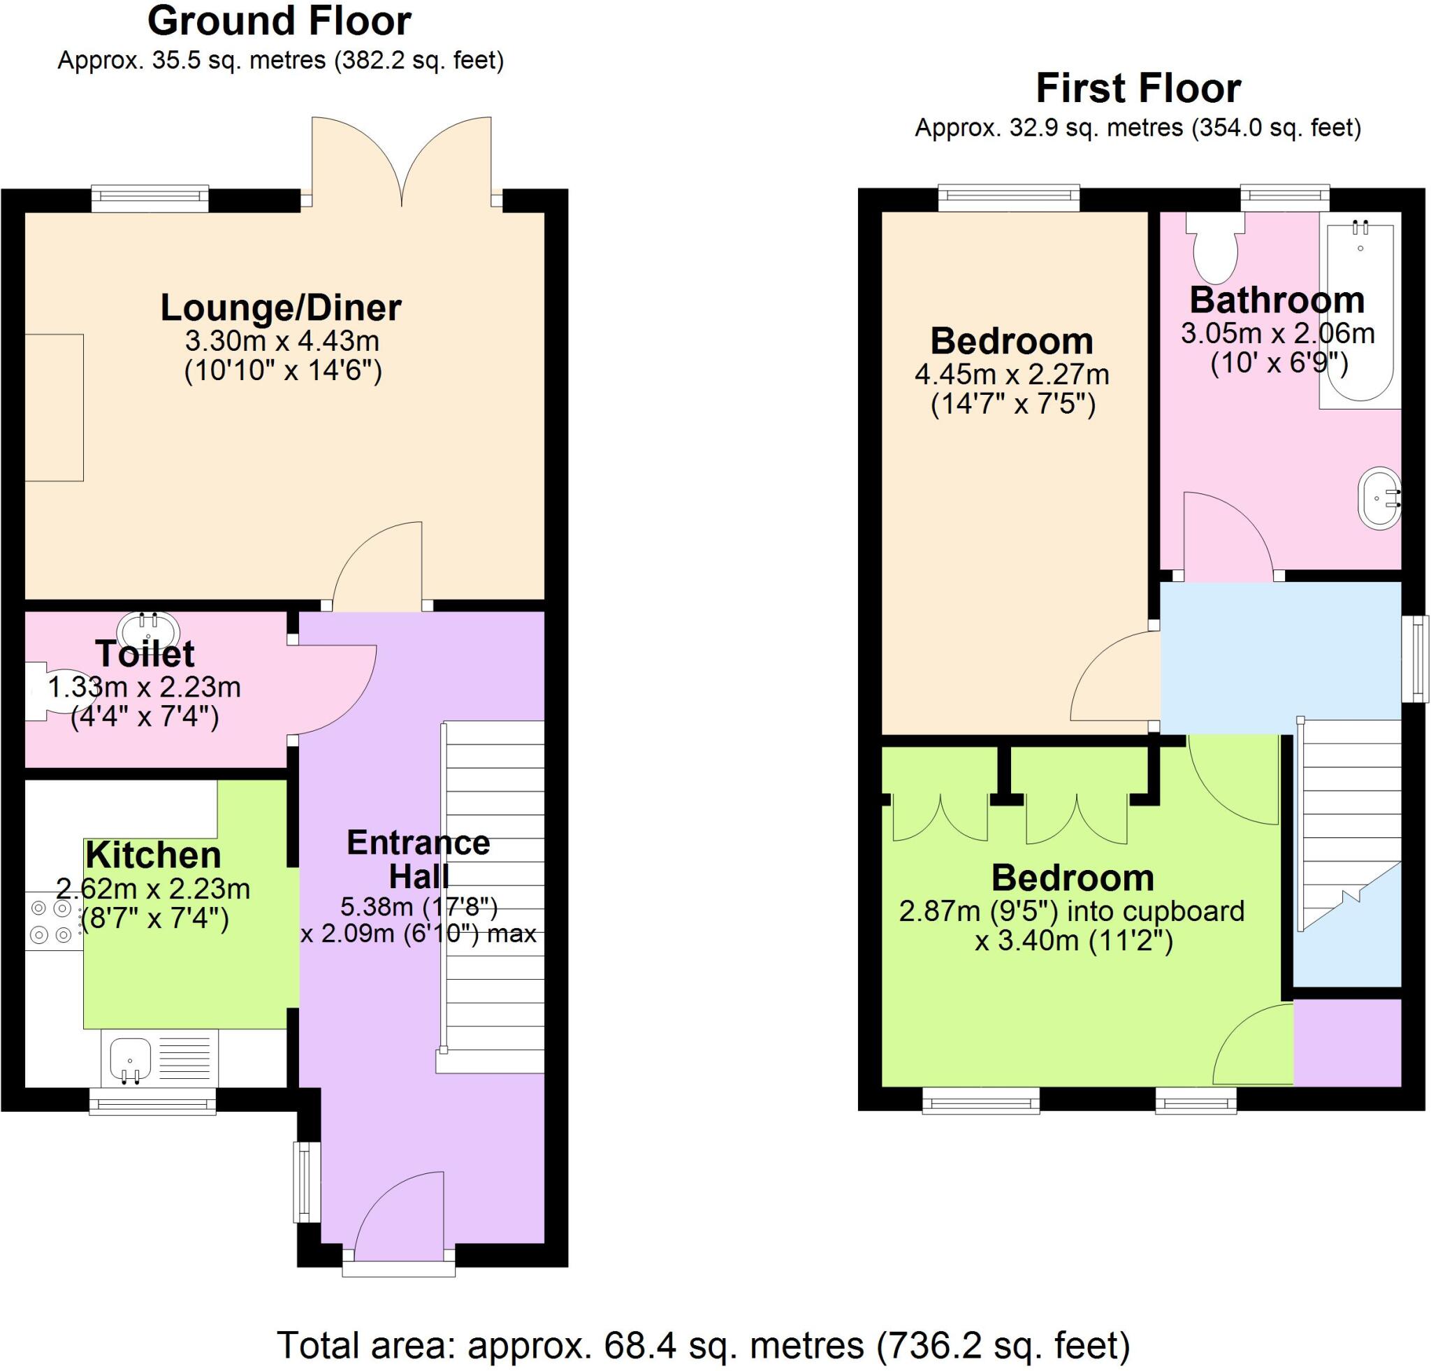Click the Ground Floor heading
279,20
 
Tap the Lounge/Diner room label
281,308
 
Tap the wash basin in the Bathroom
1379,499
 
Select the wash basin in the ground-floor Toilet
149,627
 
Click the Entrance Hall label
419,859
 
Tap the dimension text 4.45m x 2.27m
1012,375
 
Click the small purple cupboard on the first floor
1347,1043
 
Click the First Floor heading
1138,88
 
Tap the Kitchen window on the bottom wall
152,1101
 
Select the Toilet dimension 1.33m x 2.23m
145,687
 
